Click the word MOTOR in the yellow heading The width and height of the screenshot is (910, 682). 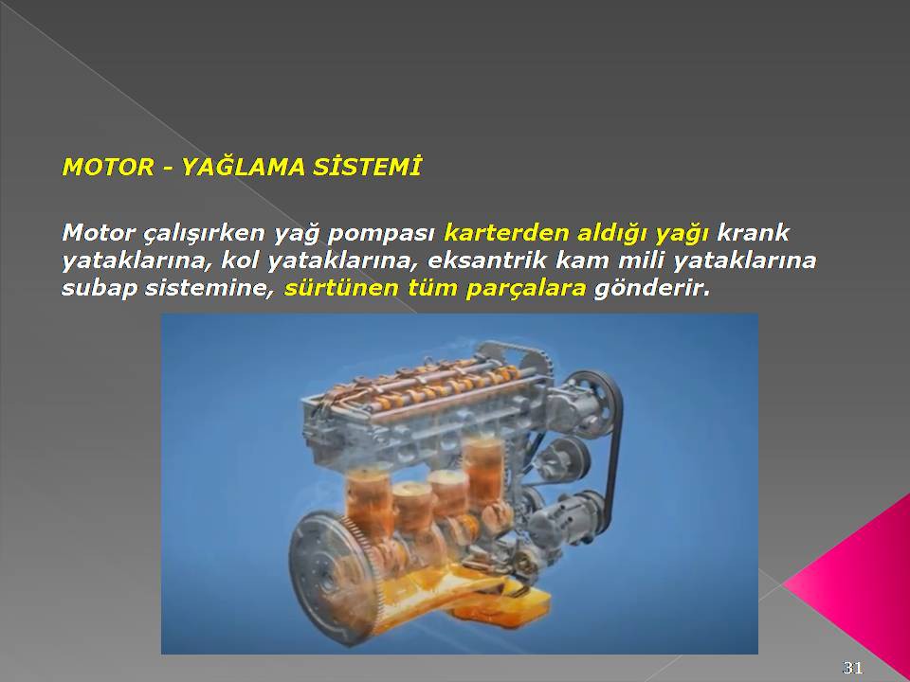point(108,167)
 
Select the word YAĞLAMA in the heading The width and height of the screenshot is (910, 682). point(244,167)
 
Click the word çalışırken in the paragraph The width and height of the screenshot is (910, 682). point(206,233)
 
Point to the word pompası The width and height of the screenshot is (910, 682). point(381,234)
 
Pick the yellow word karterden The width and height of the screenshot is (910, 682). point(506,233)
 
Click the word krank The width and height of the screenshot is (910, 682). point(753,233)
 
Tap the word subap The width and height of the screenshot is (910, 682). point(100,288)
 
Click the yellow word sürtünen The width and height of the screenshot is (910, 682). point(342,288)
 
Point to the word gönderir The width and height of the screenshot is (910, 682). point(652,289)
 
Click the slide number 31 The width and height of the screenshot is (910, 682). point(852,667)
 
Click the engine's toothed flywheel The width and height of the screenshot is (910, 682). point(330,574)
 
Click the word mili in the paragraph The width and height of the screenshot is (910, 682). point(642,260)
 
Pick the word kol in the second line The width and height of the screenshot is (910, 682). point(239,260)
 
